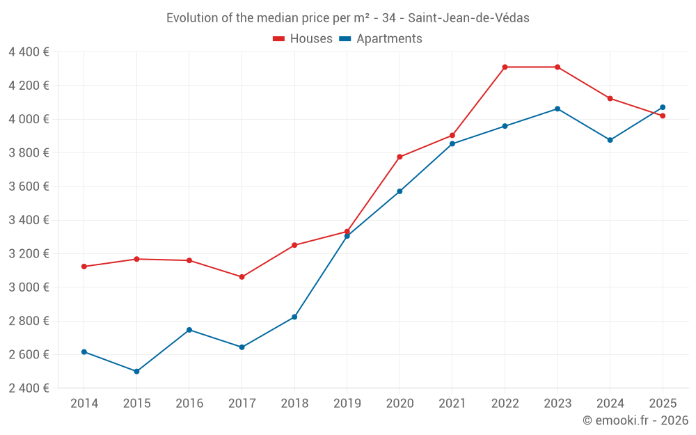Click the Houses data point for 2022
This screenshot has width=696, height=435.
[505, 67]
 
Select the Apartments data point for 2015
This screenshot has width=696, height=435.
[136, 371]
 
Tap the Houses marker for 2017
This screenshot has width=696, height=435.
[242, 277]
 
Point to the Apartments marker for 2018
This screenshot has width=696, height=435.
[294, 317]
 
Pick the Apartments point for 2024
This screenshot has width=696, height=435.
[610, 140]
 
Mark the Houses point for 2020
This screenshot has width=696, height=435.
[400, 157]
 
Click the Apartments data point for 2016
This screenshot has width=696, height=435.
[189, 330]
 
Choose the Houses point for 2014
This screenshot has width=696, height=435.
[84, 267]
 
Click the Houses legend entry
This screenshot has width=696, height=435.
[303, 39]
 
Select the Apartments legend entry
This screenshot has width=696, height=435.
[381, 39]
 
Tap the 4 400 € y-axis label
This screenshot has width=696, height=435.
[29, 52]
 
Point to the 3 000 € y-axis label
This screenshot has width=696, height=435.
[29, 287]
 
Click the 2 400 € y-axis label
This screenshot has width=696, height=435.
[29, 388]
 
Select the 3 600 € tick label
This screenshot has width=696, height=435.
[29, 186]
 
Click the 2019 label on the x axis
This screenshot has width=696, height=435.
[347, 403]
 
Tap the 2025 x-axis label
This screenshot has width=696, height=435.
[663, 403]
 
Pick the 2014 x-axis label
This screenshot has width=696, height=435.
[84, 403]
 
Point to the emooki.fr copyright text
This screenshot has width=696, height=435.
[635, 420]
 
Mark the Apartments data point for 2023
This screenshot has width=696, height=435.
[557, 109]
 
